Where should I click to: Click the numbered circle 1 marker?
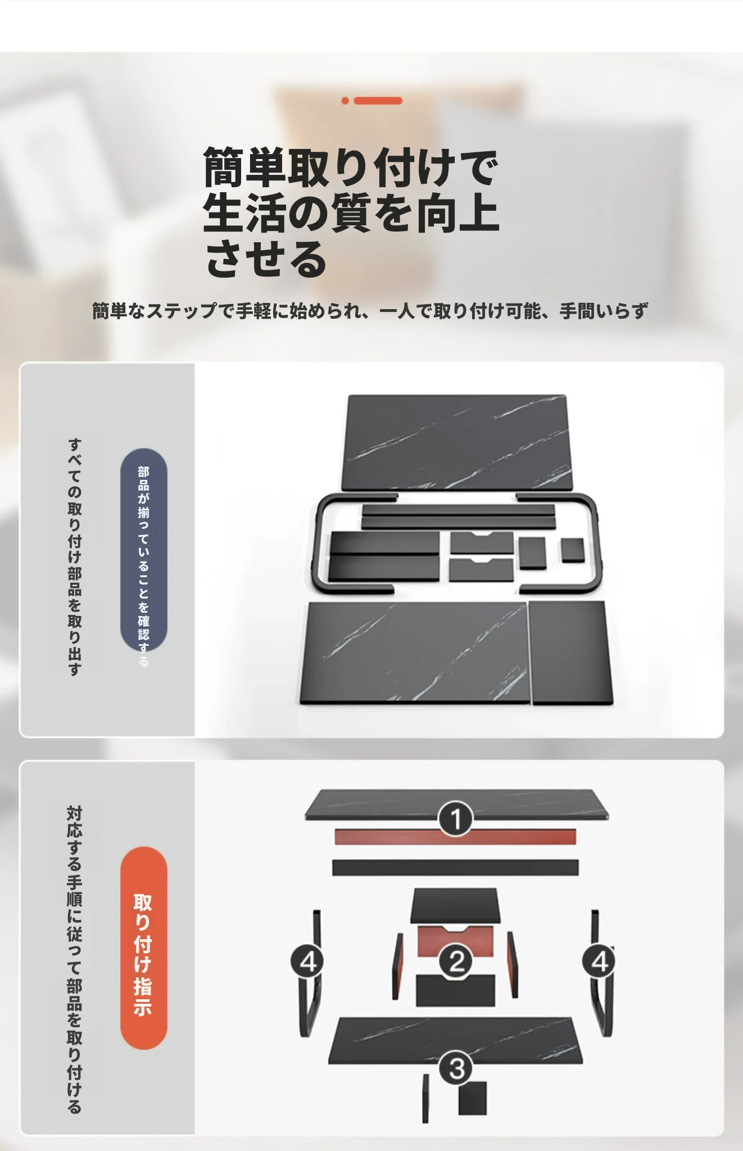[x=456, y=818]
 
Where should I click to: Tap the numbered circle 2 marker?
[x=456, y=961]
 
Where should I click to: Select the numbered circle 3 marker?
[x=456, y=1068]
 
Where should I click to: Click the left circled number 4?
[x=307, y=962]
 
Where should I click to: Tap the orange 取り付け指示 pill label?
[x=143, y=948]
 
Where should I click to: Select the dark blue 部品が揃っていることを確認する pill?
[x=143, y=551]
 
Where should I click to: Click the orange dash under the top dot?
[x=378, y=101]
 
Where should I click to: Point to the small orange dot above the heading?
[x=345, y=101]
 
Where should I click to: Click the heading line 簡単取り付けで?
[x=351, y=167]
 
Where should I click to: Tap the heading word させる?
[x=265, y=259]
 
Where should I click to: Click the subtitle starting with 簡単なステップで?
[x=370, y=310]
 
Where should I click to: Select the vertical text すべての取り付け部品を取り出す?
[x=75, y=556]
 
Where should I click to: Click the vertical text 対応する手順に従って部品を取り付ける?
[x=75, y=959]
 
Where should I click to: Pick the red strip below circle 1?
[x=455, y=836]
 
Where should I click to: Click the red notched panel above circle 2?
[x=455, y=941]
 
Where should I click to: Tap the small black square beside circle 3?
[x=472, y=1098]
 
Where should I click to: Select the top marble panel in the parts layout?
[x=457, y=442]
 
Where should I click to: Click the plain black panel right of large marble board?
[x=570, y=652]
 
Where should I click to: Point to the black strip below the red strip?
[x=455, y=867]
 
